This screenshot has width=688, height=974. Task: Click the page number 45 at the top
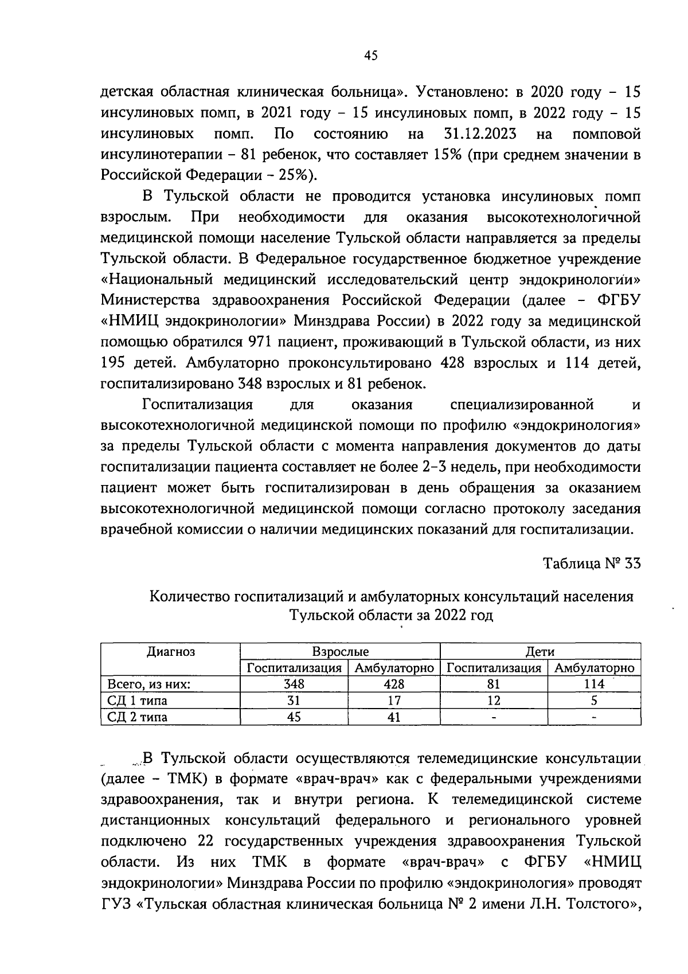click(x=371, y=56)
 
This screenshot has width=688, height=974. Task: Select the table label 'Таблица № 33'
click(x=592, y=563)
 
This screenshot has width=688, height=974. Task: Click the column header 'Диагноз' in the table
click(x=171, y=651)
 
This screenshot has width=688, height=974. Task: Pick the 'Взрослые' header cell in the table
click(x=340, y=651)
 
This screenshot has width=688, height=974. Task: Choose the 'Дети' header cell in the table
click(x=540, y=651)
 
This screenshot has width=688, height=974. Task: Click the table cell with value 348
click(x=294, y=684)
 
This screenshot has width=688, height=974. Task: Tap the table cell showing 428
click(x=394, y=684)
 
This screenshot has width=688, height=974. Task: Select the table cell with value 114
click(x=594, y=684)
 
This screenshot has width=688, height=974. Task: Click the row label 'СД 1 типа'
click(x=138, y=701)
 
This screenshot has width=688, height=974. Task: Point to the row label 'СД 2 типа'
click(x=138, y=717)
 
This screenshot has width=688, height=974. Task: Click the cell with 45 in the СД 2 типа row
click(x=294, y=717)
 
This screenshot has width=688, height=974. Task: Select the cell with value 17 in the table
click(x=394, y=701)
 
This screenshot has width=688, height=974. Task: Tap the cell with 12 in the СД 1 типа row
click(x=494, y=701)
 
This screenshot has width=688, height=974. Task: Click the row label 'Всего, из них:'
click(x=148, y=684)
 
